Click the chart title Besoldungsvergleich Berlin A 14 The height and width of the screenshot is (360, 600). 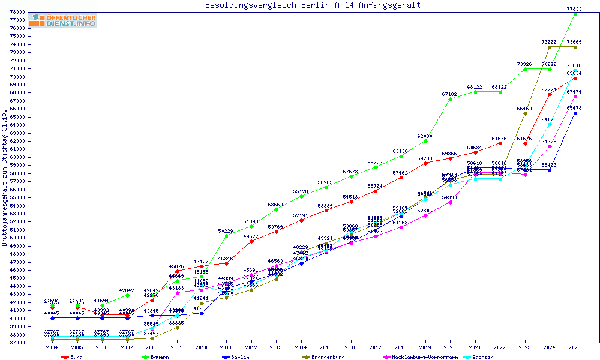point(313,5)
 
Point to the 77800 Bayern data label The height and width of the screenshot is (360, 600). point(574,9)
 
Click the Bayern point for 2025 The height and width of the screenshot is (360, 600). point(575,14)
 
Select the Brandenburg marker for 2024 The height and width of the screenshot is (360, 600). point(550,47)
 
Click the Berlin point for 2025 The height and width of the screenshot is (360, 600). point(575,113)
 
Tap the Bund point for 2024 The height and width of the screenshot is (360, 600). point(550,94)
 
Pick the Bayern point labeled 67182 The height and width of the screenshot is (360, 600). point(450,99)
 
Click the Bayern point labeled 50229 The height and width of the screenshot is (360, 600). point(226,236)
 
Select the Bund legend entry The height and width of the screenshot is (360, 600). point(73,357)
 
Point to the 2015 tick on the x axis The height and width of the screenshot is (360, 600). point(326,347)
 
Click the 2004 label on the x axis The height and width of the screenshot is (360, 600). point(52,347)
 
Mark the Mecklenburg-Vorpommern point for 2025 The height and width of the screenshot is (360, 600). point(575,97)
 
